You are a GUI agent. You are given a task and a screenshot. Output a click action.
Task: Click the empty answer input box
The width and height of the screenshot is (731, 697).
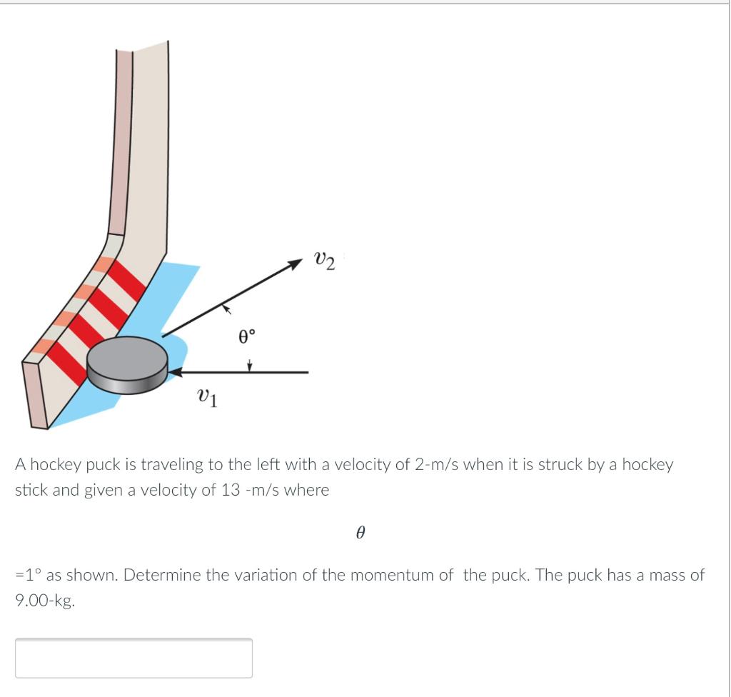(x=133, y=658)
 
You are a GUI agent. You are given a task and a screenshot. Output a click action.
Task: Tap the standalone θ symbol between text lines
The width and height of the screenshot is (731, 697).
(x=361, y=533)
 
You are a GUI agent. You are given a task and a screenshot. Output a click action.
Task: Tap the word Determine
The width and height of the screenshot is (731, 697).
(x=158, y=576)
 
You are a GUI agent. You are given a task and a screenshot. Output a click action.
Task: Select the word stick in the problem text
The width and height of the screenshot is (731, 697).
(x=30, y=491)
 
